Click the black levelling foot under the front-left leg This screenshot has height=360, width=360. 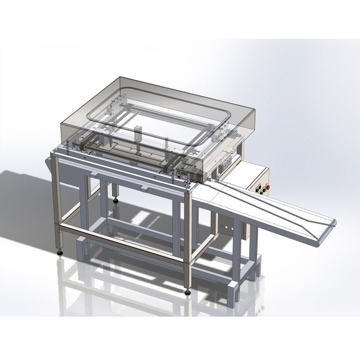click(60, 252)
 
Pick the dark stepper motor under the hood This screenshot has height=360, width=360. click(197, 174)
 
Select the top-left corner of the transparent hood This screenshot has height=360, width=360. click(120, 78)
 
